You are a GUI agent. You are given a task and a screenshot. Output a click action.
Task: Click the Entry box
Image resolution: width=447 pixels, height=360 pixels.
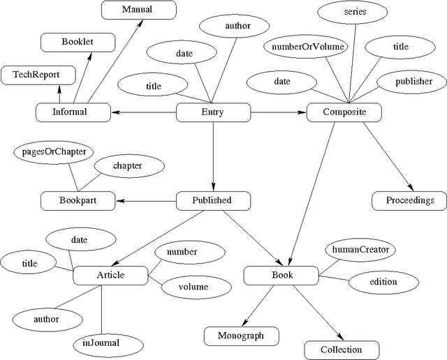click(212, 112)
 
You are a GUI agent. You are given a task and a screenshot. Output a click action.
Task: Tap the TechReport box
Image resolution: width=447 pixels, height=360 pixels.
click(36, 75)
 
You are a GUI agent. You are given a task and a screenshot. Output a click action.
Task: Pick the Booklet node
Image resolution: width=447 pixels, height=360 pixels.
click(77, 42)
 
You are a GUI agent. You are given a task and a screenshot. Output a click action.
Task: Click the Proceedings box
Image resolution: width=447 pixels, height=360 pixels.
click(405, 201)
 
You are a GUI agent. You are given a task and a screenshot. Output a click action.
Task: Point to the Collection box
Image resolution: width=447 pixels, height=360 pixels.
click(342, 350)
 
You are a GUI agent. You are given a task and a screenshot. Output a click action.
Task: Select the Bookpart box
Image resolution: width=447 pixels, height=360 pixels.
click(78, 201)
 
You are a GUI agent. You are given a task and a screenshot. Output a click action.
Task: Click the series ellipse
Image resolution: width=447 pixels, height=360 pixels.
click(355, 13)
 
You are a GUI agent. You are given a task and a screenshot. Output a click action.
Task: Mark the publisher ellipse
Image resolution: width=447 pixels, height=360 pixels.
click(413, 82)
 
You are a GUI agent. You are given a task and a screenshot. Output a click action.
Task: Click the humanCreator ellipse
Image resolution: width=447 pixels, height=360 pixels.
click(360, 249)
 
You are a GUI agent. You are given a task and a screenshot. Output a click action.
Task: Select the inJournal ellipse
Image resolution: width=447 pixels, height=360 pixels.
click(101, 343)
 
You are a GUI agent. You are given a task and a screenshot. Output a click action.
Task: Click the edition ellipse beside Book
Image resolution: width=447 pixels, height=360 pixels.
click(383, 282)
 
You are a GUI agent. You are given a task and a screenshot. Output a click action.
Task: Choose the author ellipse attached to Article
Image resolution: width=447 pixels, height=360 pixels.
click(46, 319)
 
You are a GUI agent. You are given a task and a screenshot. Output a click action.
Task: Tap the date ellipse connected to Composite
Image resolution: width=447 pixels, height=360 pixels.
click(282, 82)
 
